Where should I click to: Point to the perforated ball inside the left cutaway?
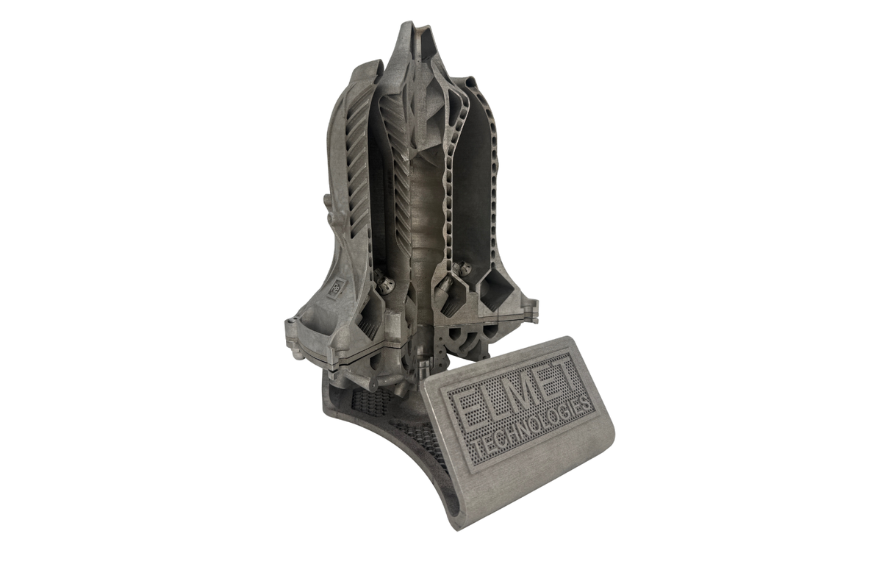click(384, 281)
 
